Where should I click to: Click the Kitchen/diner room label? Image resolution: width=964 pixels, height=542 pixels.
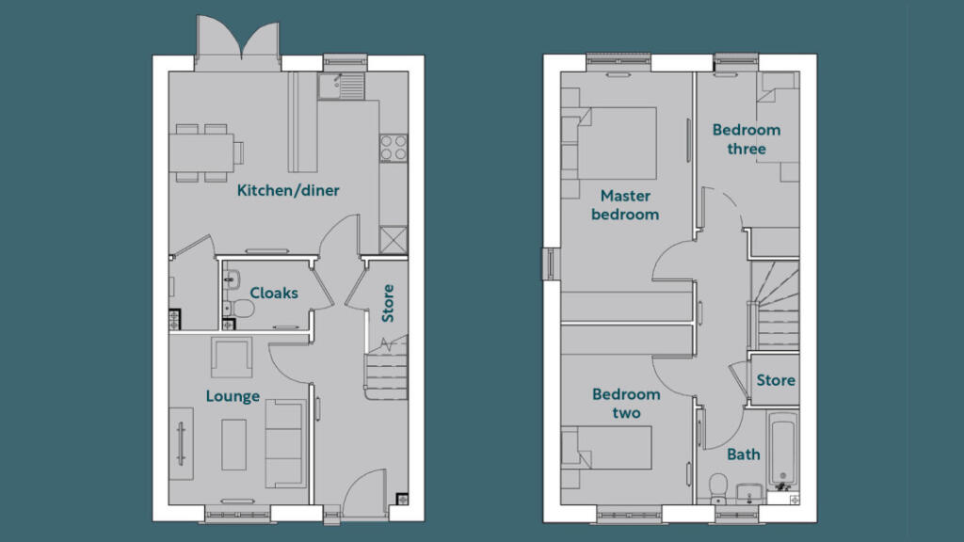pos(288,191)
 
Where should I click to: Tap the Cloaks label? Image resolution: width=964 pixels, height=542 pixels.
pos(274,293)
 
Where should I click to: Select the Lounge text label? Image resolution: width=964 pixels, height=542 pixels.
pos(233,396)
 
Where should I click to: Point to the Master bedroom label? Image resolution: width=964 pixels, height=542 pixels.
pos(625,205)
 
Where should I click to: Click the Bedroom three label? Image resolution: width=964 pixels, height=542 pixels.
pos(746,139)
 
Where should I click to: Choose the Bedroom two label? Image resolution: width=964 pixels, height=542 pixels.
pos(626,404)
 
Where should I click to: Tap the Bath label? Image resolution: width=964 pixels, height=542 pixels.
pos(744,454)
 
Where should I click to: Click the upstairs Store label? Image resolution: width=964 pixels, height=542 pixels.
pos(776,381)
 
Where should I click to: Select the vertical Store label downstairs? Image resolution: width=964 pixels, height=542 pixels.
pos(387,303)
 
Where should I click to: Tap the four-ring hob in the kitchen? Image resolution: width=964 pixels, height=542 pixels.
pos(394,148)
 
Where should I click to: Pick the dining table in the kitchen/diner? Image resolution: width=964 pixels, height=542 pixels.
pos(202,151)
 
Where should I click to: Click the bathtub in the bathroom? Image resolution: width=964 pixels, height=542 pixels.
pos(782,449)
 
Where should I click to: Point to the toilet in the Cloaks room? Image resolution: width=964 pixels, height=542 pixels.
pos(241,308)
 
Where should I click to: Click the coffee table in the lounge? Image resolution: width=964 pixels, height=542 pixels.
pos(234,444)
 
